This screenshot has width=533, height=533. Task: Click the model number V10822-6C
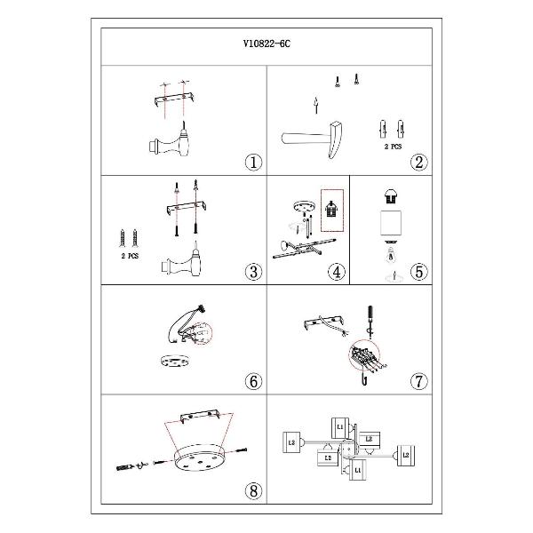pos(266,44)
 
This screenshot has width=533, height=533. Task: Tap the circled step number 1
pos(253,163)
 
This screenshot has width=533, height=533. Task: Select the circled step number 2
pos(418,163)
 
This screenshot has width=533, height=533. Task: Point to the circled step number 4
pos(337,272)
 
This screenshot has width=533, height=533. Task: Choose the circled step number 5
pos(418,272)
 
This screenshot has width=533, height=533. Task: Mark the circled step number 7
pos(418,381)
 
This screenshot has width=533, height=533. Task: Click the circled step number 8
pos(253,491)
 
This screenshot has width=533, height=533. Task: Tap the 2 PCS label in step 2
pos(393,147)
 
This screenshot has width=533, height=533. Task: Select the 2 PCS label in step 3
pos(130,256)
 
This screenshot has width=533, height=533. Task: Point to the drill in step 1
pos(170,143)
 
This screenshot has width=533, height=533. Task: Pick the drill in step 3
pos(182,262)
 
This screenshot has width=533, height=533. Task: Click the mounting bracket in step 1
pos(175,99)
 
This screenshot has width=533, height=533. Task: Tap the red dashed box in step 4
pos(332,211)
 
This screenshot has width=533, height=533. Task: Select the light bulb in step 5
pos(391,255)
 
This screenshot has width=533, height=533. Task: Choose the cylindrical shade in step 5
pos(391,223)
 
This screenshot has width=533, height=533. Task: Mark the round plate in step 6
pos(175,361)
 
